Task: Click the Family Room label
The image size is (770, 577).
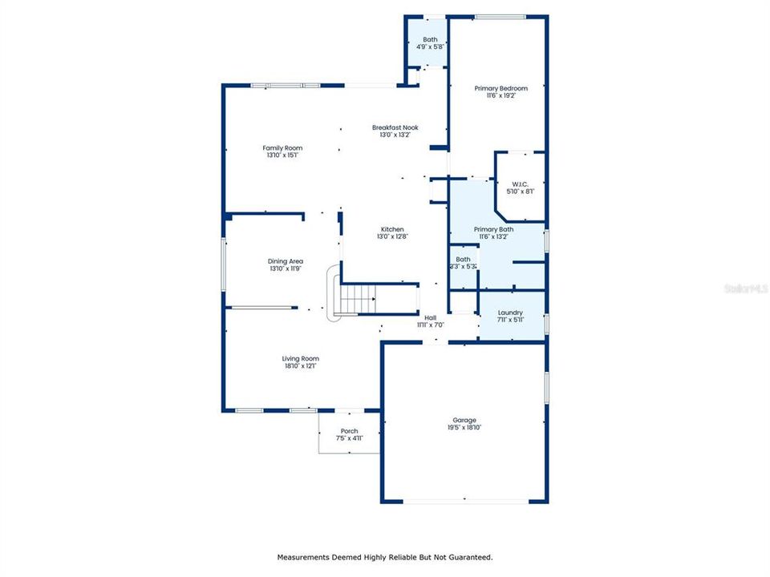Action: pos(282,147)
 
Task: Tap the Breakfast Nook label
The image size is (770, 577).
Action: pos(395,127)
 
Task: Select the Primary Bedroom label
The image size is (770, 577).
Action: pos(500,88)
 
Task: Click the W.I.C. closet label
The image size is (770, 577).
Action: pos(520,184)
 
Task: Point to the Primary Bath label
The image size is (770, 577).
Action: pos(493,229)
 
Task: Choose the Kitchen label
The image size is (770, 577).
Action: pos(392,229)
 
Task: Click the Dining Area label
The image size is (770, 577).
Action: pos(285,261)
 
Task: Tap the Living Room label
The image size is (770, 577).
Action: pos(300,358)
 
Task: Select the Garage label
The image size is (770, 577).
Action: pos(464,420)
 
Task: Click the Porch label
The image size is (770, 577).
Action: pos(349,431)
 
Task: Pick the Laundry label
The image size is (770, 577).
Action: pos(510,313)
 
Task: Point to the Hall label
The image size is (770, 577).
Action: pos(430,317)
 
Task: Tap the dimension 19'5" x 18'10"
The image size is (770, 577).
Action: pos(464,428)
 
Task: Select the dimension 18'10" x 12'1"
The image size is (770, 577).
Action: pos(300,366)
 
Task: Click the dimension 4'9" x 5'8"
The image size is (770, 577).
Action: pos(430,47)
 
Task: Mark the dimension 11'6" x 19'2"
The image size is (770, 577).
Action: pos(500,95)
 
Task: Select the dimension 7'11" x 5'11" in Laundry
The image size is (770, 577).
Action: pos(510,321)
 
